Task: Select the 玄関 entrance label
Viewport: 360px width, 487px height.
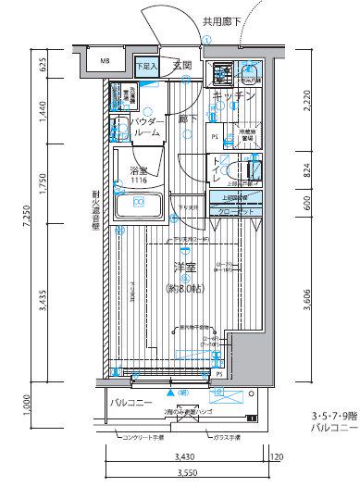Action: [x=181, y=66]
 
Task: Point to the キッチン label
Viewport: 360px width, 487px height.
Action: [x=233, y=95]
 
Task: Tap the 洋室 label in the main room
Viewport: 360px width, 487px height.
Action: [x=183, y=269]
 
